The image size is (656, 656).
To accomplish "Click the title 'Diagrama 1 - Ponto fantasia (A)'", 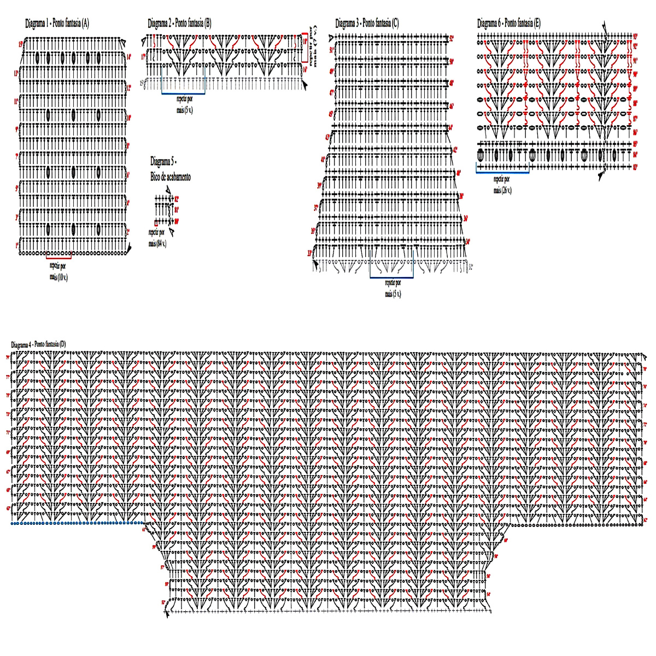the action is tap(57, 24).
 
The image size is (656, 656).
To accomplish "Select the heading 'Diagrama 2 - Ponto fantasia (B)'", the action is tap(179, 23).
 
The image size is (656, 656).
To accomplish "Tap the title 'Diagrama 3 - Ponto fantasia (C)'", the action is tap(367, 23).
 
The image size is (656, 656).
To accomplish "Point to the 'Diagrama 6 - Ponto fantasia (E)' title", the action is tap(509, 23).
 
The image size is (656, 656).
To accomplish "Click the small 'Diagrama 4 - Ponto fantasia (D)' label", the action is tap(38, 344).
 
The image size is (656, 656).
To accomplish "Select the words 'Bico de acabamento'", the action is tap(171, 177).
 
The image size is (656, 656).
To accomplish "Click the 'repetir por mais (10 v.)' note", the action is tap(58, 270).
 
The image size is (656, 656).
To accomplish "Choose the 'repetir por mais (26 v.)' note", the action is tap(502, 184).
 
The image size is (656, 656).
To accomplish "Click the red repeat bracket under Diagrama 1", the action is tap(59, 253).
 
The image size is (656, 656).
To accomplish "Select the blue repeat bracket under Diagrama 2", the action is tap(183, 93).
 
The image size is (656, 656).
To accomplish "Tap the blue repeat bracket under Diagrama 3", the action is tap(391, 277).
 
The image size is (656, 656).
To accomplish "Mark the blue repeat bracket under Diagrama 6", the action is tap(502, 172).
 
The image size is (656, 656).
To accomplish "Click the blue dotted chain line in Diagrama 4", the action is tap(77, 523).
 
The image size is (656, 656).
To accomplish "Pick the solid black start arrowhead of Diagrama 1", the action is tap(129, 249).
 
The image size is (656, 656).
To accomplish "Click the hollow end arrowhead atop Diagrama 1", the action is tap(124, 43).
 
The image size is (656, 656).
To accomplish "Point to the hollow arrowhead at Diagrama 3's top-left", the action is tap(331, 38).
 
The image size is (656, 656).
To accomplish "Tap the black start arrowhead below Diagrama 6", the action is tap(601, 175).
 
